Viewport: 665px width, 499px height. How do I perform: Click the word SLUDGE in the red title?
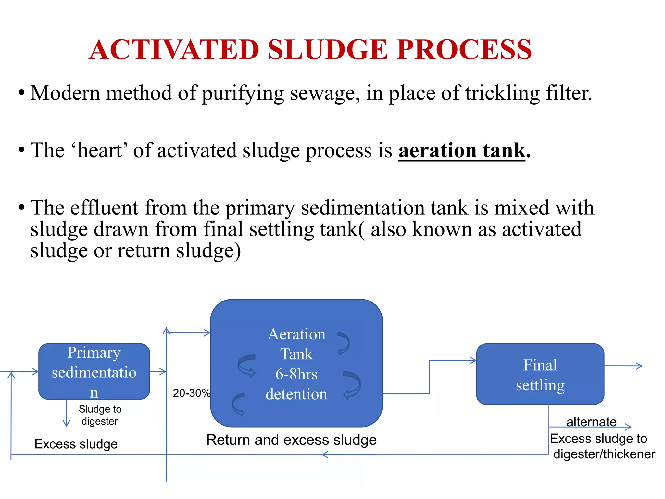328,49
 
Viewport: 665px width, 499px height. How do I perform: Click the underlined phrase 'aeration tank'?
462,150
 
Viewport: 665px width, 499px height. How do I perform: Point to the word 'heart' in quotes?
99,150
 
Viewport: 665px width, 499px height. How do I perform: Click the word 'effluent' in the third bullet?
104,208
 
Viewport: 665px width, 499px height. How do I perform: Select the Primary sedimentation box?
94,371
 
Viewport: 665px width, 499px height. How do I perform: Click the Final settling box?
540,374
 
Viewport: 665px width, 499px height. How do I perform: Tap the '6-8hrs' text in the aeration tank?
296,374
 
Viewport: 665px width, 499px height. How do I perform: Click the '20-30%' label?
191,393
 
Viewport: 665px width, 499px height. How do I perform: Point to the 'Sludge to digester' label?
100,415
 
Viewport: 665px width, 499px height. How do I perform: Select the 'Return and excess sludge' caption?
291,440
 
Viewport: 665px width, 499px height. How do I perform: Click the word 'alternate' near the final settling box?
591,422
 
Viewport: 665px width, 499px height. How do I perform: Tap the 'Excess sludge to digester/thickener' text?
602,446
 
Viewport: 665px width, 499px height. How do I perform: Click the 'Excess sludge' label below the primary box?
76,444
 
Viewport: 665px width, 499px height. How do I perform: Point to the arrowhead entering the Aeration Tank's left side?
207,333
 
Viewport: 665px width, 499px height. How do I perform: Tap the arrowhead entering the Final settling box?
473,360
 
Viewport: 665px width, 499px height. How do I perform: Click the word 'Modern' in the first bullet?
65,93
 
